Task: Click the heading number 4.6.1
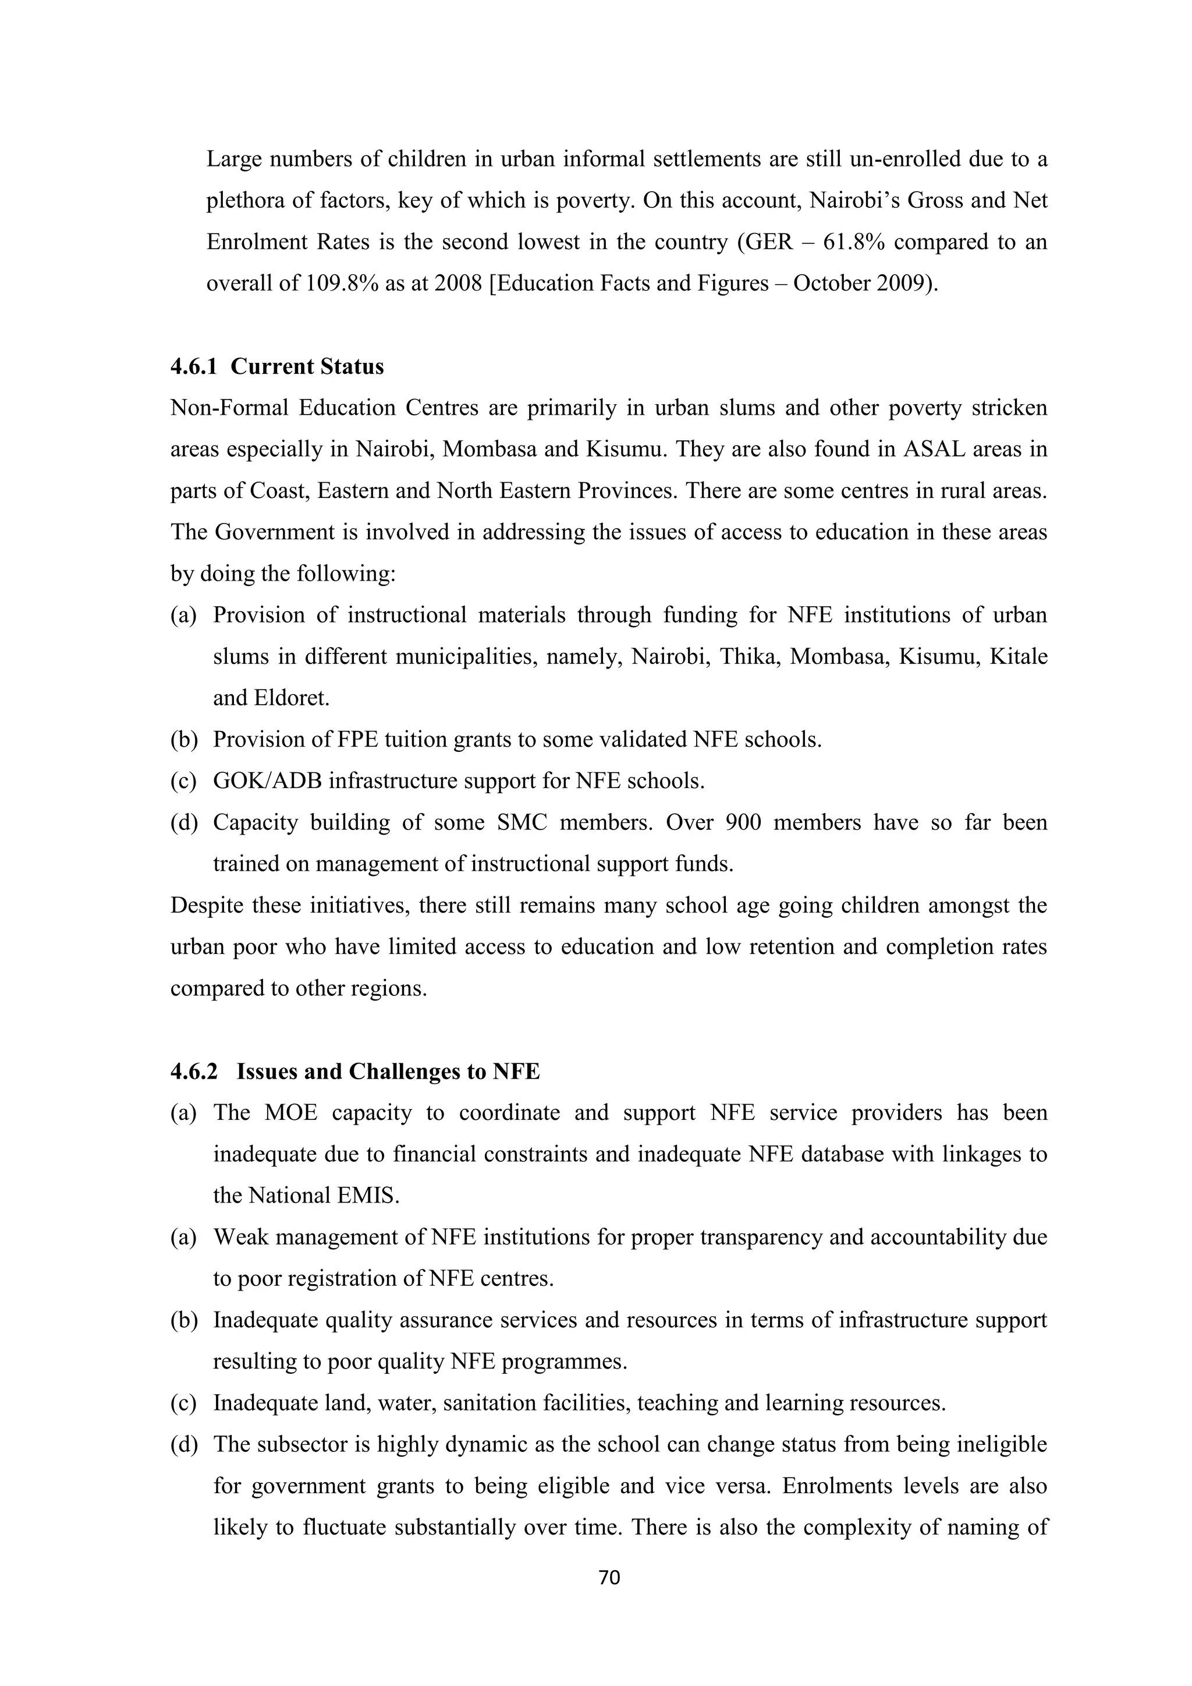pyautogui.click(x=194, y=367)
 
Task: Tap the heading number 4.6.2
pyautogui.click(x=194, y=1072)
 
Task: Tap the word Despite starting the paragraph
pyautogui.click(x=206, y=906)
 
